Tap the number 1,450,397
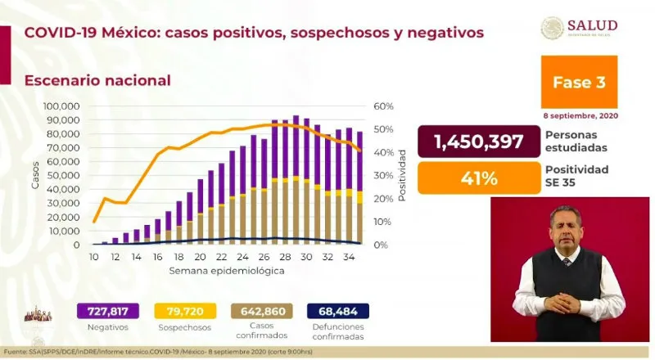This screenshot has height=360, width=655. click(478, 142)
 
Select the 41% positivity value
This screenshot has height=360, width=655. click(478, 176)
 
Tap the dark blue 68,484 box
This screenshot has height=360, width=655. click(338, 311)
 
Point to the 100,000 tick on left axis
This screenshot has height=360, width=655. click(61, 106)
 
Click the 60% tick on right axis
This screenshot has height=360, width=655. click(384, 106)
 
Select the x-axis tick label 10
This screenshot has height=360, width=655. click(94, 256)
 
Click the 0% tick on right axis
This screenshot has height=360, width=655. click(381, 245)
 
